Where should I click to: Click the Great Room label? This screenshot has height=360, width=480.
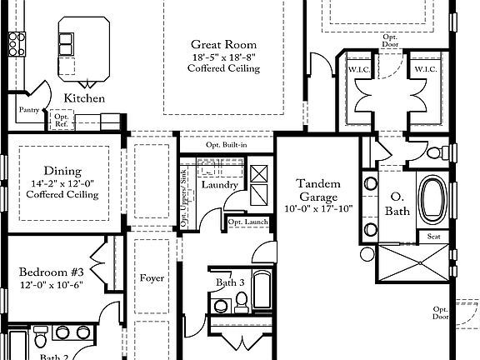[x=223, y=44]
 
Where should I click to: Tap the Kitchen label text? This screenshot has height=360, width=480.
[x=84, y=98]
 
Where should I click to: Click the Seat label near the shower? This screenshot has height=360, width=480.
[x=433, y=236]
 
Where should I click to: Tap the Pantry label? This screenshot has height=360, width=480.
[x=29, y=109]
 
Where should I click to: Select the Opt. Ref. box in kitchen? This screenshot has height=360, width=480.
[x=61, y=119]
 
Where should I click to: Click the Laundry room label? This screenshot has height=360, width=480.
[x=220, y=184]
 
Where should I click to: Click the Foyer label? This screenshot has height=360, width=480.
[x=152, y=277]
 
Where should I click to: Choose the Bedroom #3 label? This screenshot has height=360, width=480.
[x=51, y=272]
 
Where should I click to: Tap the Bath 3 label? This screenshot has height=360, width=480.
[x=230, y=282]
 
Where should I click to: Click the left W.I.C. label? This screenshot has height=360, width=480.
[x=358, y=68]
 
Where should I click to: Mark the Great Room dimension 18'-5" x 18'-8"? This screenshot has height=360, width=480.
[x=223, y=57]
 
